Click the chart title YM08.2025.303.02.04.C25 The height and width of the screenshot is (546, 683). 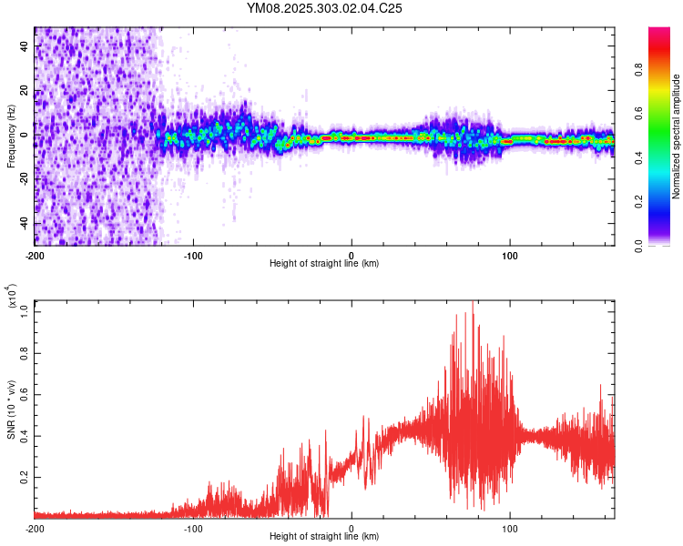click(324, 8)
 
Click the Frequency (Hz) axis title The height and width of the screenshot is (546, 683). click(11, 136)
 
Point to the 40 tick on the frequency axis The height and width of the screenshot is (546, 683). click(26, 46)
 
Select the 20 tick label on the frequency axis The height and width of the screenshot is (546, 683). click(26, 91)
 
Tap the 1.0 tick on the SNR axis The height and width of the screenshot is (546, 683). click(25, 310)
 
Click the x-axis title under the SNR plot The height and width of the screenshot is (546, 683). click(324, 537)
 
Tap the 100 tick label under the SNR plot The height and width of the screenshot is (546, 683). click(510, 527)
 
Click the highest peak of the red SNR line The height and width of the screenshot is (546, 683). click(473, 303)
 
